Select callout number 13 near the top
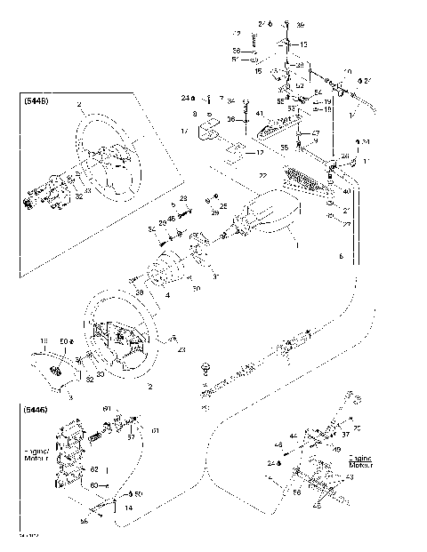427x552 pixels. [303, 44]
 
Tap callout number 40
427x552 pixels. [346, 192]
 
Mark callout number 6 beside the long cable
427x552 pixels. [340, 255]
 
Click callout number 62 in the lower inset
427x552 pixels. [93, 468]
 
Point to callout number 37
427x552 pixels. [346, 436]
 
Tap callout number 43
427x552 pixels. [349, 477]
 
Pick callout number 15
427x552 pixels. [258, 69]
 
